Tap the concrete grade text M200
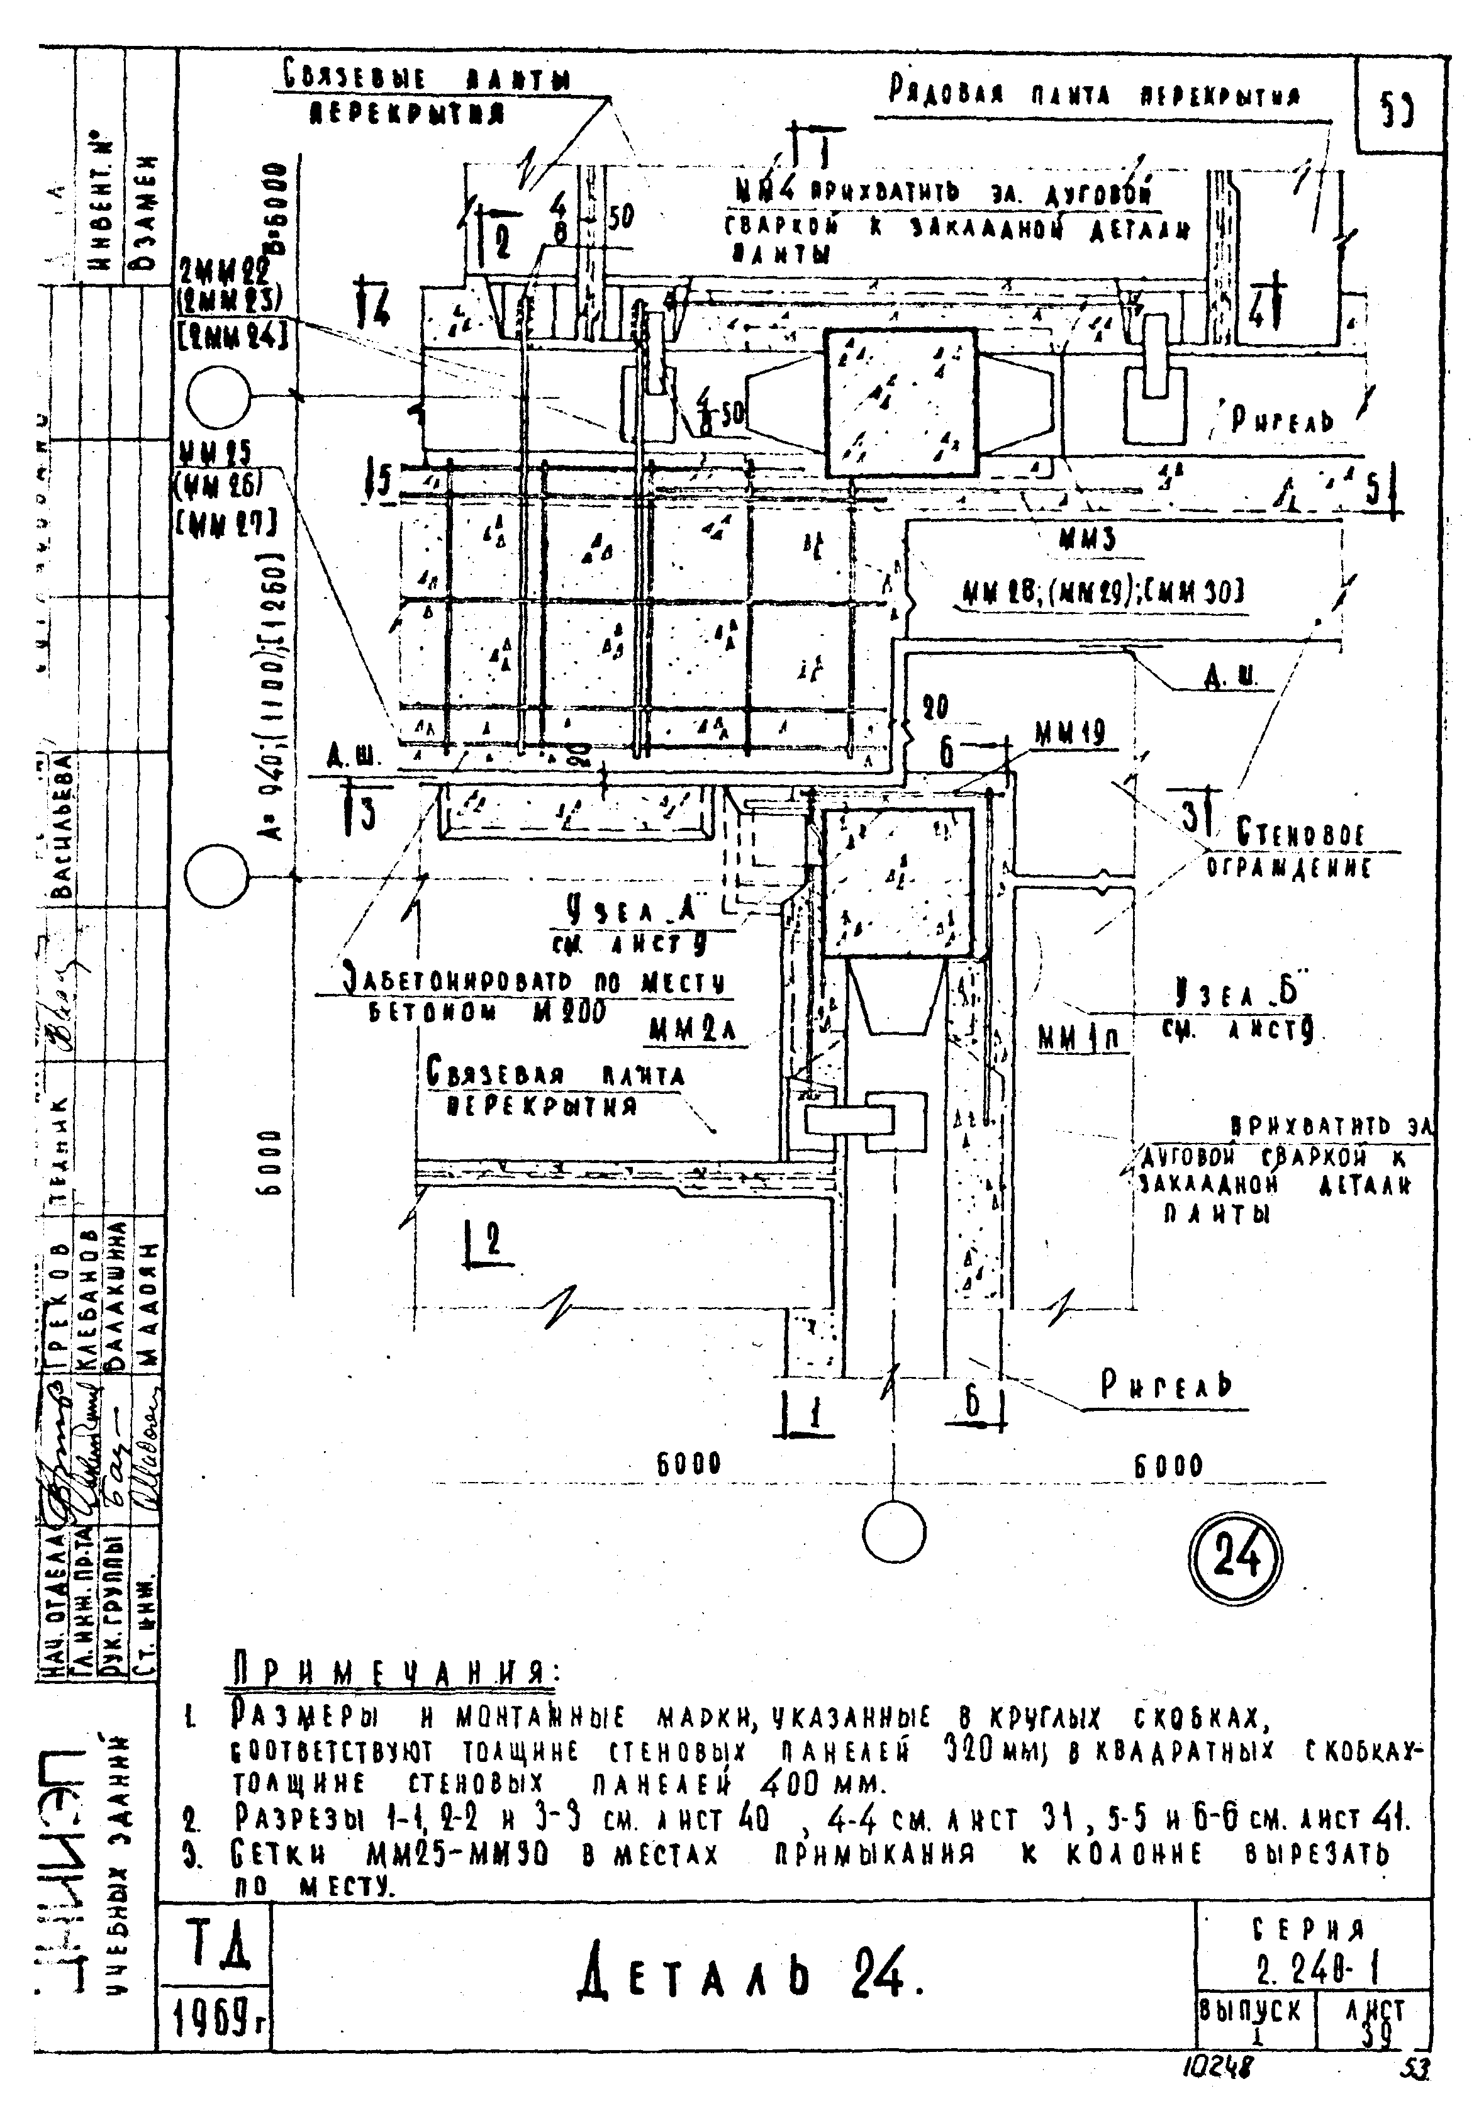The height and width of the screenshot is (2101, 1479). (x=570, y=1013)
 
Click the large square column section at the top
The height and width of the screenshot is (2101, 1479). (x=900, y=403)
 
